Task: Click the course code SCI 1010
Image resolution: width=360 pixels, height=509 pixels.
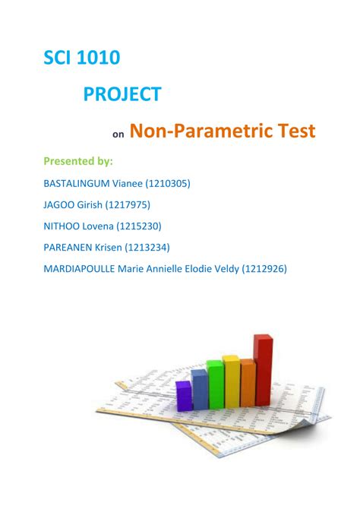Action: click(x=82, y=58)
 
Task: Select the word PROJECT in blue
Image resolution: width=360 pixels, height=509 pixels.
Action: click(x=122, y=94)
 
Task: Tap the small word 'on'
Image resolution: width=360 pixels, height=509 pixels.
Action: click(x=118, y=134)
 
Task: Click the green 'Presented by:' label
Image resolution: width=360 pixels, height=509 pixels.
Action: click(x=78, y=161)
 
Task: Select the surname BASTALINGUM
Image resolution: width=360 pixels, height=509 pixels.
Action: click(x=77, y=183)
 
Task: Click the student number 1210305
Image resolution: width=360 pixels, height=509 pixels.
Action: click(x=168, y=184)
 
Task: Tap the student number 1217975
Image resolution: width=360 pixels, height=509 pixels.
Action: click(x=128, y=205)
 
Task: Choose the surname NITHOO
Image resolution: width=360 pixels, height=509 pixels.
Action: click(x=62, y=226)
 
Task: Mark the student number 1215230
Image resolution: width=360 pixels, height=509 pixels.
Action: click(x=139, y=226)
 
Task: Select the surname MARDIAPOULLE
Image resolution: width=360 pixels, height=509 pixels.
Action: click(x=79, y=269)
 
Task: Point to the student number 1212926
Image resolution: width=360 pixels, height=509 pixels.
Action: click(x=264, y=269)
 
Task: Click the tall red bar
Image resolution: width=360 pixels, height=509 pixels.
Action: click(x=264, y=370)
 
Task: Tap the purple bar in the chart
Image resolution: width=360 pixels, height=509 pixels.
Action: click(x=184, y=396)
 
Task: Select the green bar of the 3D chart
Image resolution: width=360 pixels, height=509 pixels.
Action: click(x=215, y=384)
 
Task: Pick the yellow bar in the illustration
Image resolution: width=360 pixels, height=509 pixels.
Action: click(x=232, y=381)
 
